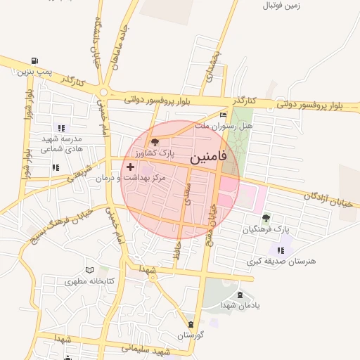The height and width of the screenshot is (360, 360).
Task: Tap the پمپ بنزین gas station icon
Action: tap(35, 61)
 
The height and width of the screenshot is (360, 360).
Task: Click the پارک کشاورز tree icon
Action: tap(155, 142)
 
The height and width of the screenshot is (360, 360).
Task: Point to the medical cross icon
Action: tap(131, 167)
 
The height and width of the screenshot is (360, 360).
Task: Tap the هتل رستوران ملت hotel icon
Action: tap(224, 115)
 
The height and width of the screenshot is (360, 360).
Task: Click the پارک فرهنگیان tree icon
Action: tap(266, 218)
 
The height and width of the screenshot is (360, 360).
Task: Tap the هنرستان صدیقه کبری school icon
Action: tap(281, 250)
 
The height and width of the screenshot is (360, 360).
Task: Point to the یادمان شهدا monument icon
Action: tap(240, 295)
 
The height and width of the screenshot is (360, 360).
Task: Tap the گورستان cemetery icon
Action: tap(191, 324)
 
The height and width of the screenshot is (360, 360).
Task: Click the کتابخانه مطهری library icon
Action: tap(89, 270)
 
